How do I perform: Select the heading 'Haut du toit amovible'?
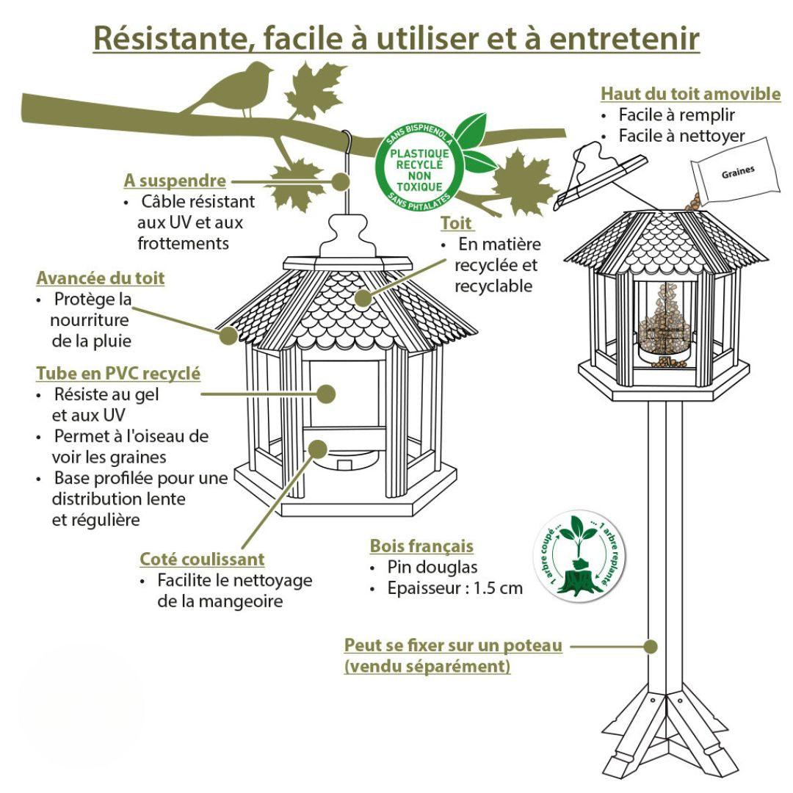coord(690,94)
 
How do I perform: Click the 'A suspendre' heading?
coord(175,180)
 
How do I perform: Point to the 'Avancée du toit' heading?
coord(101,278)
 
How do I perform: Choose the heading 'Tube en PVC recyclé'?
coord(118,373)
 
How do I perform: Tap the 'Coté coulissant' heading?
coord(202,559)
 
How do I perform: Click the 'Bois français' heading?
coord(421,546)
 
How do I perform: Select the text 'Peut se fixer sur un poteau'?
coord(453,645)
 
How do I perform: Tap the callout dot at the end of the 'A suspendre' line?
coord(339,180)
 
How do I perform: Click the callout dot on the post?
coord(650,646)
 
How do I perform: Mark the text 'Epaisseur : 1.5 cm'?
coord(455,588)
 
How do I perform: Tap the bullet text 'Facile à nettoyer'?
coord(681,136)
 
